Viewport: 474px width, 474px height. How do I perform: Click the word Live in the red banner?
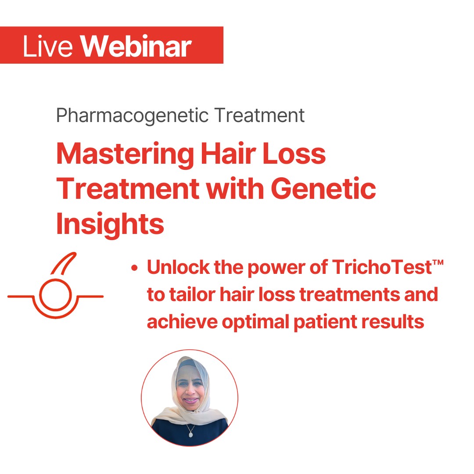tap(48, 46)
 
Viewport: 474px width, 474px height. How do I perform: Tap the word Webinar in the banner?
tap(136, 46)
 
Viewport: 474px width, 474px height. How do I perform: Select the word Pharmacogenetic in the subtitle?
tap(133, 116)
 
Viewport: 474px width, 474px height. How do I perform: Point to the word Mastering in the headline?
tap(125, 154)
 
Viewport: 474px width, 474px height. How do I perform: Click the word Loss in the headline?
tap(294, 154)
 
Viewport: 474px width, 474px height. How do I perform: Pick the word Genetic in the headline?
tap(323, 189)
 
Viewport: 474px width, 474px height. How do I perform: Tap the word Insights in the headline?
tap(110, 224)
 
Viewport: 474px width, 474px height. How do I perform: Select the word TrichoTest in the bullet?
tap(382, 267)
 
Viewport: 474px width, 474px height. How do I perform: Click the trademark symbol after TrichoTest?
tap(438, 262)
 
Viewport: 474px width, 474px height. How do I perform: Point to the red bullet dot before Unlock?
tap(135, 268)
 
